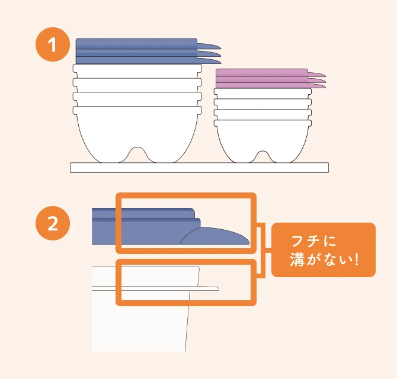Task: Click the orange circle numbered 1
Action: point(52,44)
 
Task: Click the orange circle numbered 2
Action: point(52,223)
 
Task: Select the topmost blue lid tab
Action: point(209,46)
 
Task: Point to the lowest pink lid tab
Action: point(316,86)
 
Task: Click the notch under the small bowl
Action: point(262,157)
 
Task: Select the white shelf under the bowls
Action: point(199,168)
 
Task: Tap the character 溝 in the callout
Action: point(297,259)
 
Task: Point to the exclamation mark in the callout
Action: point(357,259)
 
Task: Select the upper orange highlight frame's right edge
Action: point(254,223)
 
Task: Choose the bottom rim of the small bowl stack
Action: point(262,123)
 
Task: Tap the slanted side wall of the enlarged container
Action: point(187,322)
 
